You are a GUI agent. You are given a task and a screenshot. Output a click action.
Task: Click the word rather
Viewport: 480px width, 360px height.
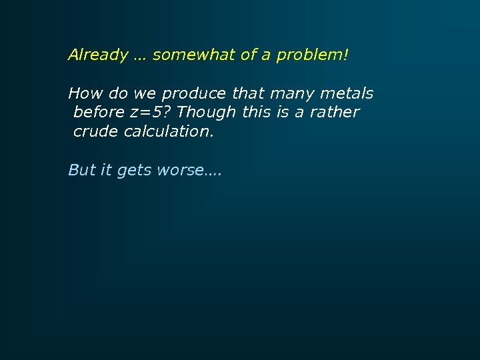point(335,112)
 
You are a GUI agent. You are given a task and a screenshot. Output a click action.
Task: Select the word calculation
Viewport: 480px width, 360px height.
point(169,131)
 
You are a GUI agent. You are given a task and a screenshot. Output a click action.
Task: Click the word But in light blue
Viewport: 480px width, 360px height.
point(82,171)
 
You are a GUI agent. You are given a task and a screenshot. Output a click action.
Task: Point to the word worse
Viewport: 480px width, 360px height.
point(180,171)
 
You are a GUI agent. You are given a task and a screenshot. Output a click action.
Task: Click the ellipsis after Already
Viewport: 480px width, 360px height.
point(140,56)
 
